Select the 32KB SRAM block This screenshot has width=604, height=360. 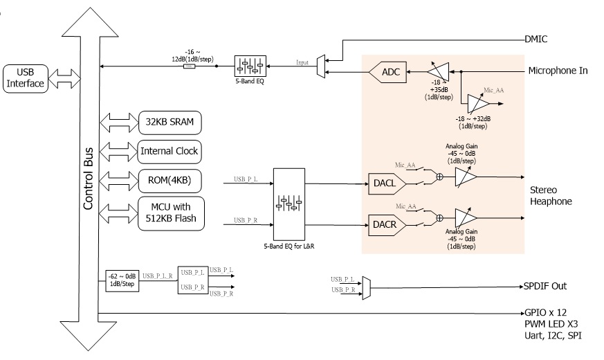170,123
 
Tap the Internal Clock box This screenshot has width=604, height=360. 170,151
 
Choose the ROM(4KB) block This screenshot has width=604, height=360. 170,181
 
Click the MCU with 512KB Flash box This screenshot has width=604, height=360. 170,213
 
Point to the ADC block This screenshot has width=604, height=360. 391,71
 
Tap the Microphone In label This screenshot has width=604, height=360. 558,71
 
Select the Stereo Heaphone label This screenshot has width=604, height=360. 553,196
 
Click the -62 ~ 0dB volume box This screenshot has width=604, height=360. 122,280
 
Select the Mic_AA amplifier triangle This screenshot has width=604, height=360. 478,103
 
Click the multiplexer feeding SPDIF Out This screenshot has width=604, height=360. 367,285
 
